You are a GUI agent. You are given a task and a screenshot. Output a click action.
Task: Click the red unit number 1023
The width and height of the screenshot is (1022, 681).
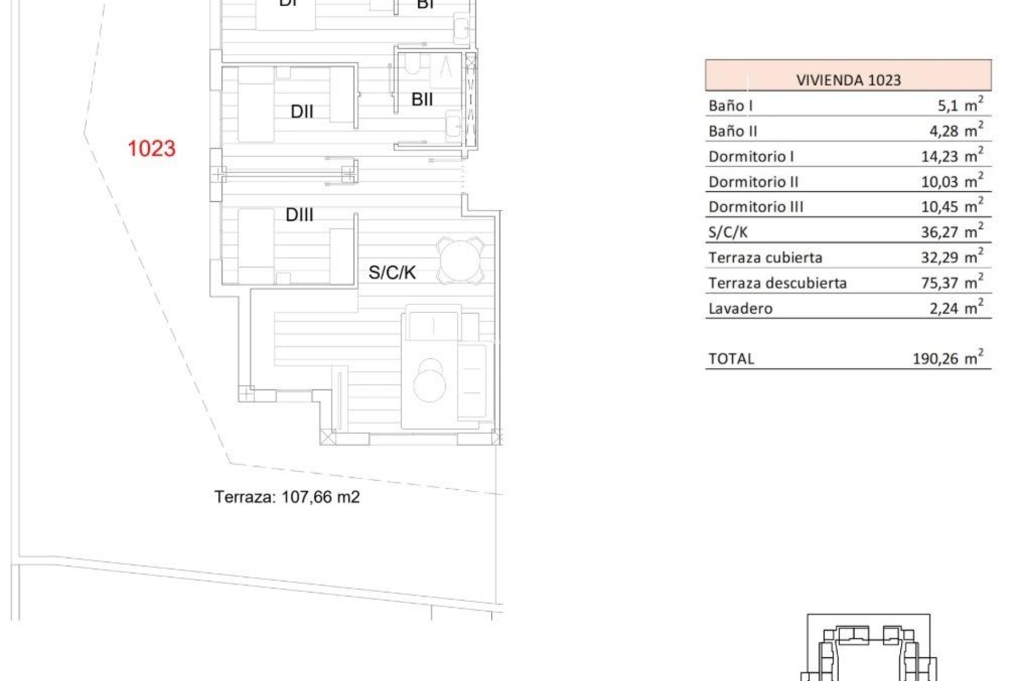152,148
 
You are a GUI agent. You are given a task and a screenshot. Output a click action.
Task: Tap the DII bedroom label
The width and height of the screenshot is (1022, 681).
302,112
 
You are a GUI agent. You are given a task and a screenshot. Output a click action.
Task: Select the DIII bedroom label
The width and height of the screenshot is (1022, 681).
299,215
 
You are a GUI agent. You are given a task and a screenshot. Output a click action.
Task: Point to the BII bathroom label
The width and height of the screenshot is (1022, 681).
422,99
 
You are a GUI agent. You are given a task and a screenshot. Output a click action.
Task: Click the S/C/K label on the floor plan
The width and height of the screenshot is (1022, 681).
392,273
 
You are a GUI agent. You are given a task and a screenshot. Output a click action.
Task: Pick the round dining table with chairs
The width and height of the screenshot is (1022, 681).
460,261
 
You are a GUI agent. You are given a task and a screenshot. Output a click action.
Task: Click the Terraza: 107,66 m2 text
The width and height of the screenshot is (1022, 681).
287,497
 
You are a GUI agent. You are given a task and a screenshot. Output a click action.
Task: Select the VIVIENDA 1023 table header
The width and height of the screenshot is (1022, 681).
848,80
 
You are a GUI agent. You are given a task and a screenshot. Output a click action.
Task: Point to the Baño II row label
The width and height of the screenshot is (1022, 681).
732,131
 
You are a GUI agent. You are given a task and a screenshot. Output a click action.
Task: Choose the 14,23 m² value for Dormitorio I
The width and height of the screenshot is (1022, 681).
952,156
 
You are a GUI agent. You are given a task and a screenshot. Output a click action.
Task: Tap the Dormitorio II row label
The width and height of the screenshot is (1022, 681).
753,182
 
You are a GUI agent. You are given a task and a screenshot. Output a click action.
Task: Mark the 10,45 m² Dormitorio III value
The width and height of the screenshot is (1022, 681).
952,206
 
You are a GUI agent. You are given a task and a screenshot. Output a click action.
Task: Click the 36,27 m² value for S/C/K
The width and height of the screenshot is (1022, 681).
952,232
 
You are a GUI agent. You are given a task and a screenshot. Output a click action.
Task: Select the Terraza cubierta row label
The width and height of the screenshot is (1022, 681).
765,258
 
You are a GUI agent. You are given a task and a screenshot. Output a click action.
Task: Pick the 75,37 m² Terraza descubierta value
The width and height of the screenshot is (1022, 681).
952,283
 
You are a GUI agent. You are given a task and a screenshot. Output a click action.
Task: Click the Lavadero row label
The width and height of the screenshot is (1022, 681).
740,309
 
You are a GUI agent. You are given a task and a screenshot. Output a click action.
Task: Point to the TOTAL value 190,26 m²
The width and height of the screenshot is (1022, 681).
947,358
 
